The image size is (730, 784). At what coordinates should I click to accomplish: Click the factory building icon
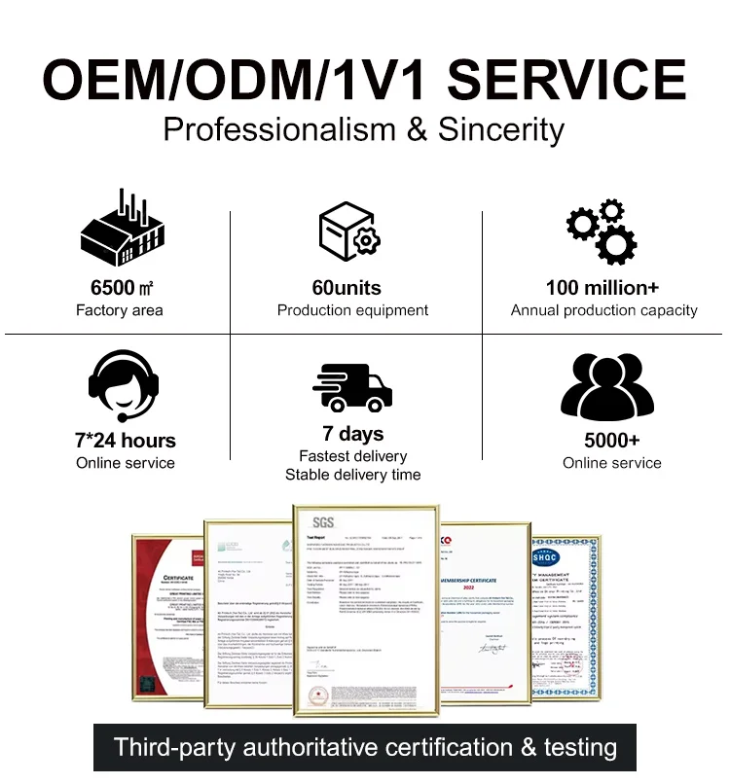[121, 231]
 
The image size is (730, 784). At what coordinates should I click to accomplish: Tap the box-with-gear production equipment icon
[350, 231]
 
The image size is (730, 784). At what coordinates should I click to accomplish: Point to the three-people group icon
[607, 386]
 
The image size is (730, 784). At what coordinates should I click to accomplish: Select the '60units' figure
[347, 288]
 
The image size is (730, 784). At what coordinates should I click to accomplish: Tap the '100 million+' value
[602, 288]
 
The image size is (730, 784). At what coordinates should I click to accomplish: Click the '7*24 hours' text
[126, 440]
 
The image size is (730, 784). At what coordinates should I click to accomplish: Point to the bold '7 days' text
[352, 434]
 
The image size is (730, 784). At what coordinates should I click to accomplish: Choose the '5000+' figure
[611, 440]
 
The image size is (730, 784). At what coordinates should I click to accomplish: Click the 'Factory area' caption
[120, 310]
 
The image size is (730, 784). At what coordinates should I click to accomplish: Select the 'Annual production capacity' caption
[603, 310]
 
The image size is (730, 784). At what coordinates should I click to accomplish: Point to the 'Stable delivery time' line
[352, 475]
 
